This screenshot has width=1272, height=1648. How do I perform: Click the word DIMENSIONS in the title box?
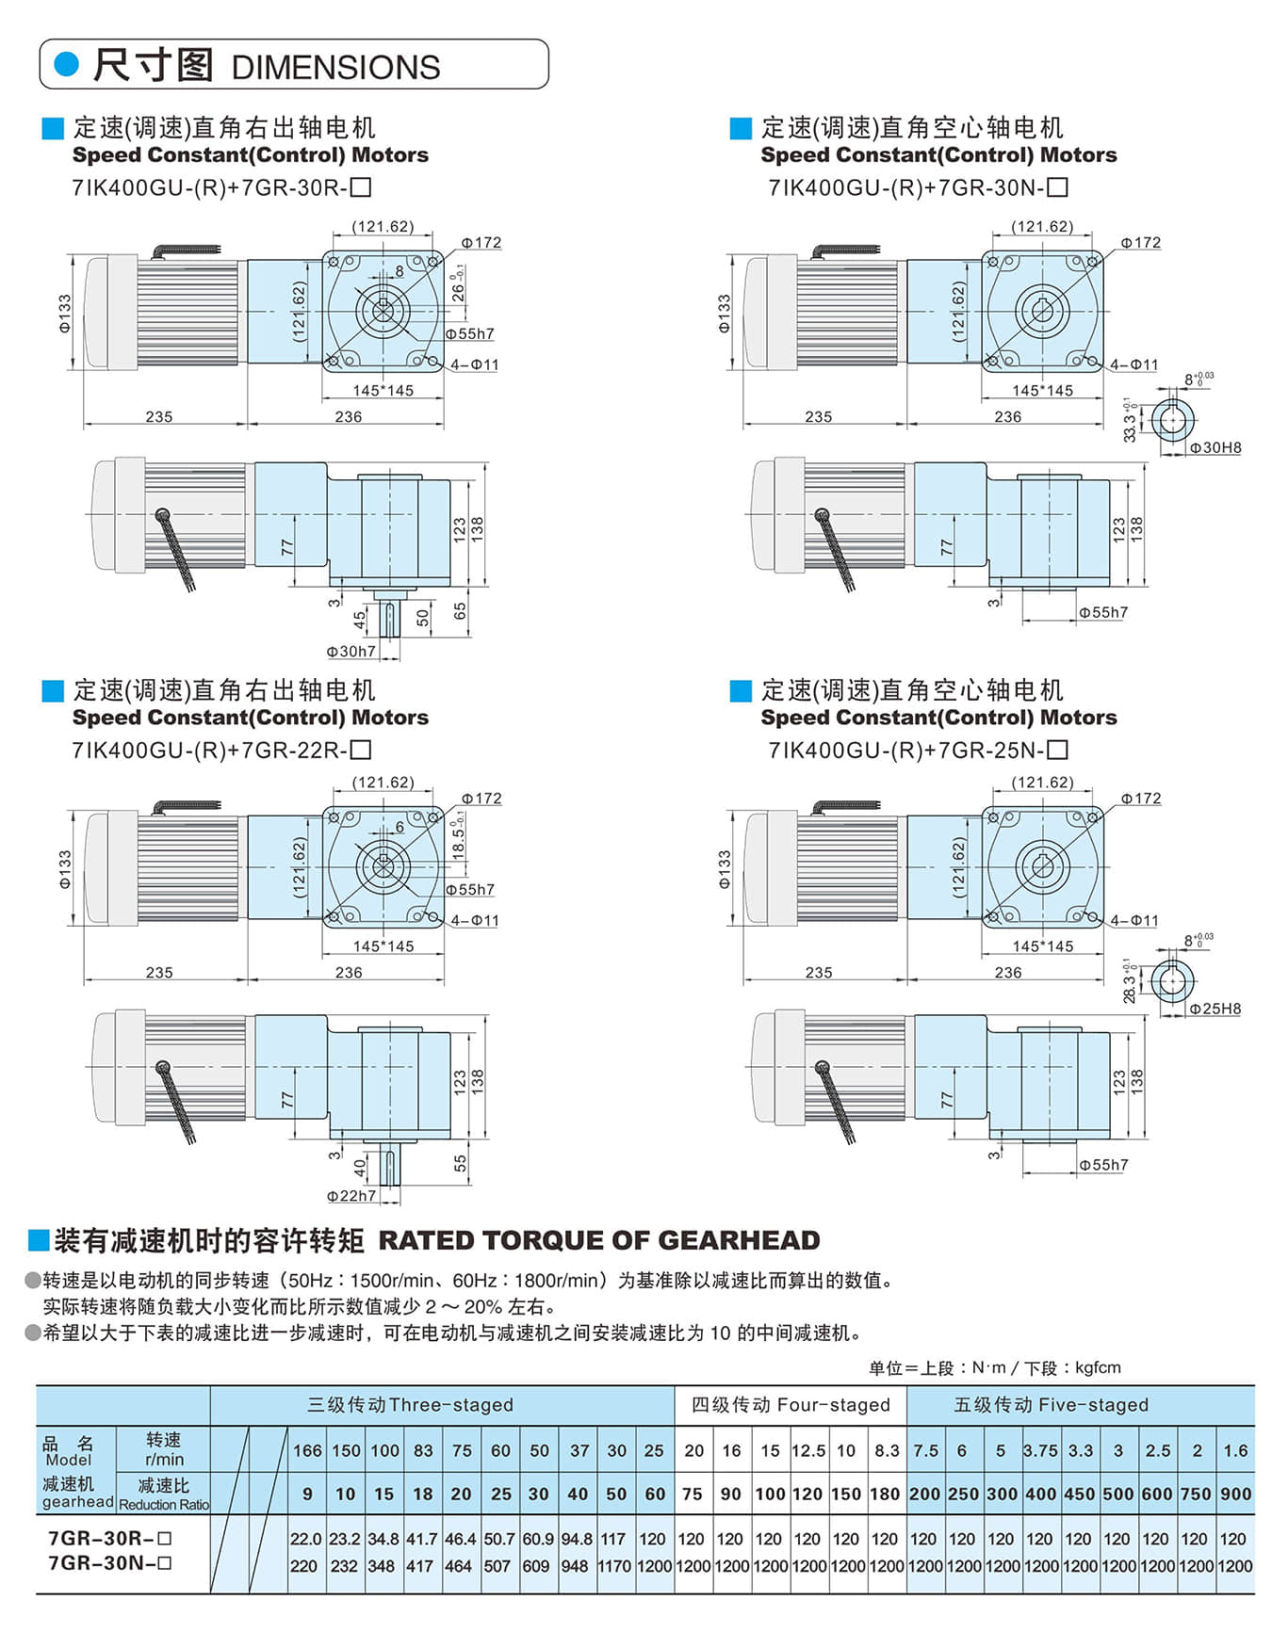(x=335, y=68)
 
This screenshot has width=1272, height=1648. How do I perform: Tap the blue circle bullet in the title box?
(x=67, y=64)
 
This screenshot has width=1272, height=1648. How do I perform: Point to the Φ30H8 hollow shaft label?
(x=1215, y=448)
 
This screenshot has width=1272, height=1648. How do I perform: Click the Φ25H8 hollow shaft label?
(x=1215, y=1010)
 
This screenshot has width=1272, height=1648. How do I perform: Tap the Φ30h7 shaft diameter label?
(x=351, y=652)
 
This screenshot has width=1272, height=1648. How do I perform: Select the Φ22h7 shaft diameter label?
(x=351, y=1196)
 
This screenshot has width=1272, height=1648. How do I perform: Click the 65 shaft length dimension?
(x=460, y=611)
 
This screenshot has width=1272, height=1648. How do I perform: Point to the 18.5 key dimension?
(x=459, y=837)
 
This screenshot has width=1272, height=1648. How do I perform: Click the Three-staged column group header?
(x=410, y=1405)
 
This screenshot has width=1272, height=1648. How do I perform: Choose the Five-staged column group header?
(x=1051, y=1405)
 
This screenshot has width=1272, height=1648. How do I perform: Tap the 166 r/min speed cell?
(x=307, y=1451)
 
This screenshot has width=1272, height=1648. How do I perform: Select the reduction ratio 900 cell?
(x=1235, y=1495)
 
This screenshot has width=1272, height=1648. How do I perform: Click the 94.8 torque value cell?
(x=576, y=1540)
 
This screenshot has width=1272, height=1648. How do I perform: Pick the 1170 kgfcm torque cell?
(x=613, y=1567)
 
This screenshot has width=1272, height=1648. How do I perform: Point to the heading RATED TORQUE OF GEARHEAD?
(x=599, y=1241)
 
